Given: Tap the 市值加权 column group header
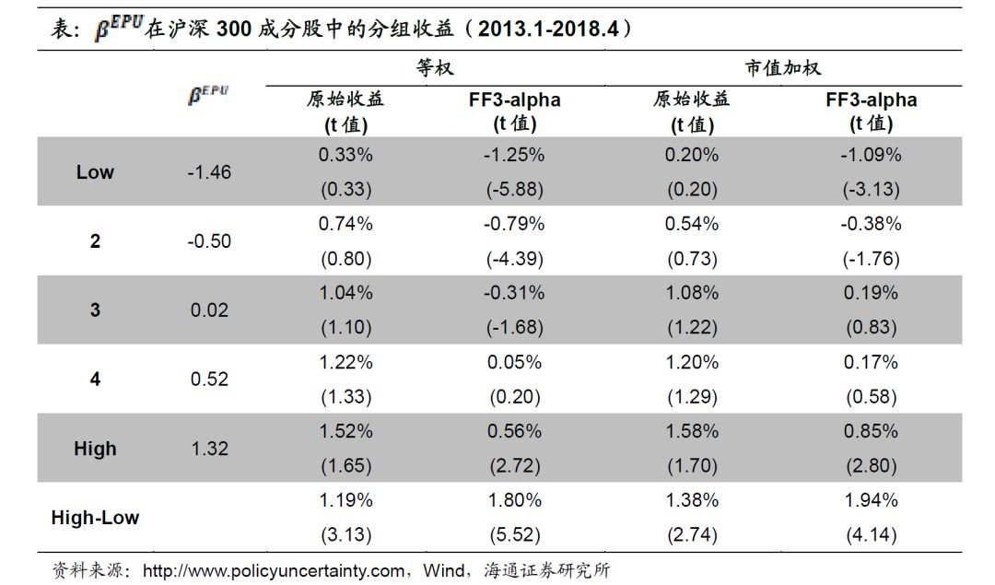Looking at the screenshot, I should (782, 68).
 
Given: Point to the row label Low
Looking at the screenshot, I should (95, 172).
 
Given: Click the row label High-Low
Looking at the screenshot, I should (95, 518).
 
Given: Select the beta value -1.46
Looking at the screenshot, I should (209, 172).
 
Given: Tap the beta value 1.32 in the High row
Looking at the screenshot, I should (209, 449).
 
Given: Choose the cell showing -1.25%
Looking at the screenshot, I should (514, 155).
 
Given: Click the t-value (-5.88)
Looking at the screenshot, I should (514, 190).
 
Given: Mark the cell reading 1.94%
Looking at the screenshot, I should (871, 500).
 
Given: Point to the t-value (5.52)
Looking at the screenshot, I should (514, 535).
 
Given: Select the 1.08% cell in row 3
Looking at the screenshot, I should (691, 293).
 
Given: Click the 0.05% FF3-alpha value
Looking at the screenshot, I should (514, 362).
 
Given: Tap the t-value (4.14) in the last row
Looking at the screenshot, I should (871, 535).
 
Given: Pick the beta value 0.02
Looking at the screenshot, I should (209, 310).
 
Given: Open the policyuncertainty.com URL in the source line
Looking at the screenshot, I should (274, 570).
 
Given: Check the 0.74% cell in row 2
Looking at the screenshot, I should (345, 224).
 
